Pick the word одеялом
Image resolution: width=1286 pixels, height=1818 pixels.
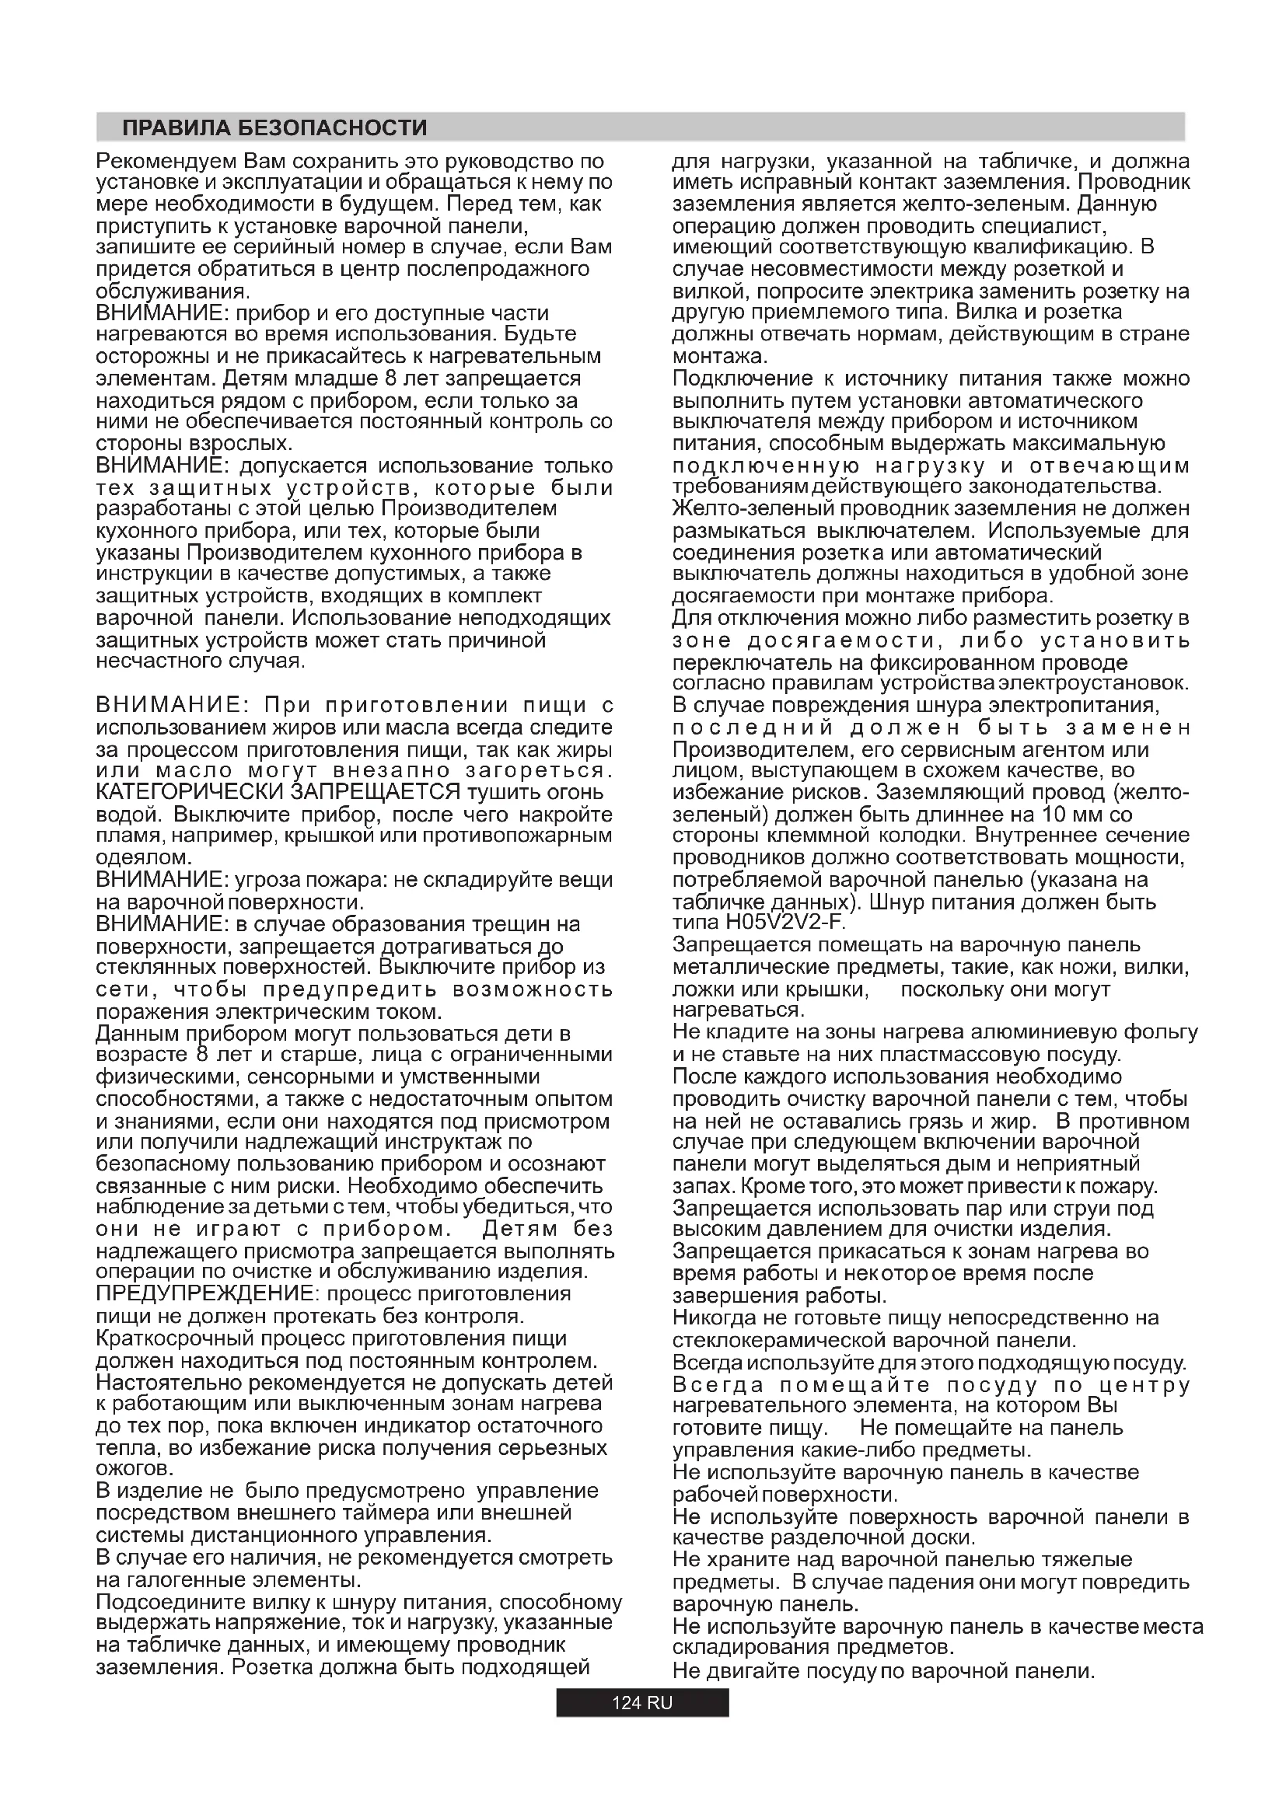tap(143, 857)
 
